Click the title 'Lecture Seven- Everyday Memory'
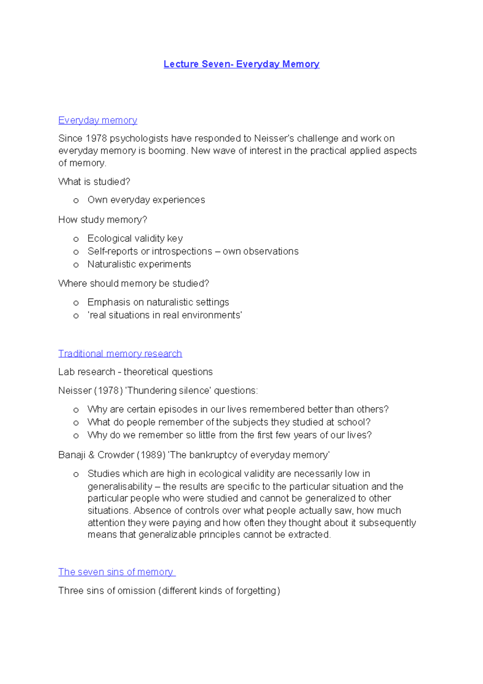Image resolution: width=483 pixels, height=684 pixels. coord(242,64)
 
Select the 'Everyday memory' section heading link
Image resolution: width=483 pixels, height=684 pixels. coord(98,120)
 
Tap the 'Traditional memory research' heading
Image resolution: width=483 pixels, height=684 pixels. coord(120,354)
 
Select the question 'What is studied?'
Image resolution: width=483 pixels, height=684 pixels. coord(94,182)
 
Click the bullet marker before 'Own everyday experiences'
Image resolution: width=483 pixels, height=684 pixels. coord(76,201)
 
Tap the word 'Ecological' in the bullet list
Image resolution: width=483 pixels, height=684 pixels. coord(106,238)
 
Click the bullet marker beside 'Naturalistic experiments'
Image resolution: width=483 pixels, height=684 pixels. coord(76,265)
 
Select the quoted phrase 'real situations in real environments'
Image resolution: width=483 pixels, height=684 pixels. coord(165,315)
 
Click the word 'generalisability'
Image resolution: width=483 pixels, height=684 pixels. coord(120,487)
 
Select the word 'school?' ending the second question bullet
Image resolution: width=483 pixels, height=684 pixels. coord(354,422)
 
